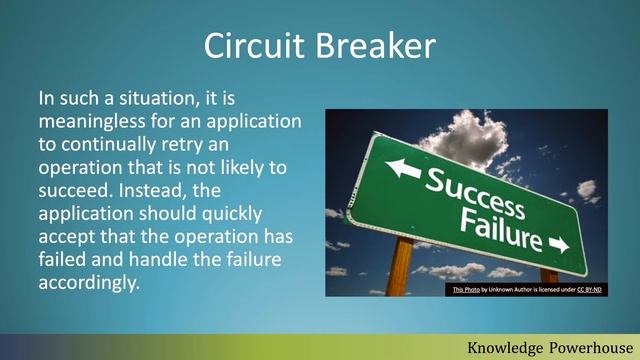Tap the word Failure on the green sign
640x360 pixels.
[x=501, y=229]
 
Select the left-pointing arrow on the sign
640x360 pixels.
[x=402, y=168]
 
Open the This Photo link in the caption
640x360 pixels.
[x=465, y=290]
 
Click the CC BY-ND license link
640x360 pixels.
[x=588, y=290]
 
